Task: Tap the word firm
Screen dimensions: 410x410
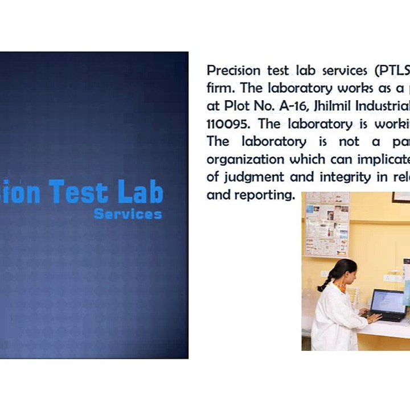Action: pyautogui.click(x=219, y=89)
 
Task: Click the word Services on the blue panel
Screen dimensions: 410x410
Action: pyautogui.click(x=128, y=214)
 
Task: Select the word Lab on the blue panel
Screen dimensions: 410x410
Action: pyautogui.click(x=140, y=192)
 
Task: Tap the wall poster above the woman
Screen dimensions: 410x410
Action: pyautogui.click(x=327, y=223)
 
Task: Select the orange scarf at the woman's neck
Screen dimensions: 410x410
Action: pyautogui.click(x=341, y=288)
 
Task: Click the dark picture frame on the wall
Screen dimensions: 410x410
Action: pyautogui.click(x=401, y=196)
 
